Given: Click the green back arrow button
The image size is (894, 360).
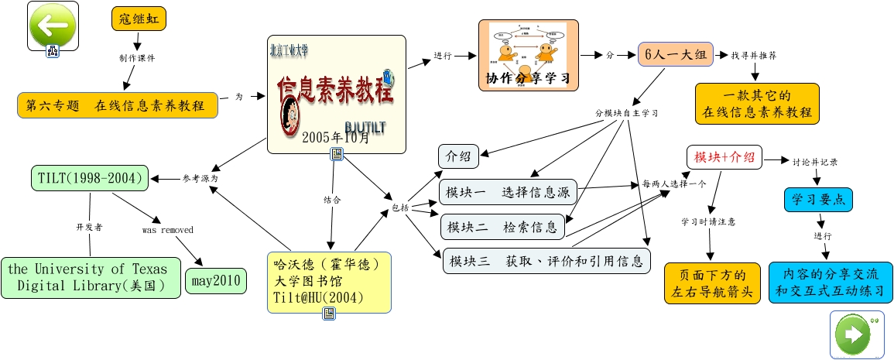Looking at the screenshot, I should click(x=52, y=25).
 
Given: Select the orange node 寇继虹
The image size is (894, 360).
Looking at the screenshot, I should click(x=139, y=19).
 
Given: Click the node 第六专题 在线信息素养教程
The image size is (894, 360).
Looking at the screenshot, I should click(x=118, y=105).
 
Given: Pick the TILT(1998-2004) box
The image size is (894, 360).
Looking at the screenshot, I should click(x=91, y=178).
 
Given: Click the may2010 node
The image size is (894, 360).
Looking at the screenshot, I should click(x=216, y=280).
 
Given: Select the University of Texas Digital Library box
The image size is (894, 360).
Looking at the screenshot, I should click(x=91, y=277).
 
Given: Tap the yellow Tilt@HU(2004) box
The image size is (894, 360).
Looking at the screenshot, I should click(x=328, y=282).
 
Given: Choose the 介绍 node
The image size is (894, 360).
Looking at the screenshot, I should click(x=458, y=156).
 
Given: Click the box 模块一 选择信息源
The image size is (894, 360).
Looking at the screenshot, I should click(x=509, y=191).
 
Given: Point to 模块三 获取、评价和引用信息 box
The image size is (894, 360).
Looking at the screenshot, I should click(x=546, y=261).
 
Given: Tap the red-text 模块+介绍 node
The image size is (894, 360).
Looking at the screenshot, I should click(x=724, y=157).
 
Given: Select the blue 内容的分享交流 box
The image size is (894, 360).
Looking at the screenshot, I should click(x=831, y=283).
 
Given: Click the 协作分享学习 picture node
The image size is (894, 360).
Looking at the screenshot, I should click(x=528, y=55).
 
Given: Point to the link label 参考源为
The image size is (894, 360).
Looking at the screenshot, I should click(x=200, y=178).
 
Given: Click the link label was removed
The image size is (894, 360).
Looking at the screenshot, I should click(x=167, y=230).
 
